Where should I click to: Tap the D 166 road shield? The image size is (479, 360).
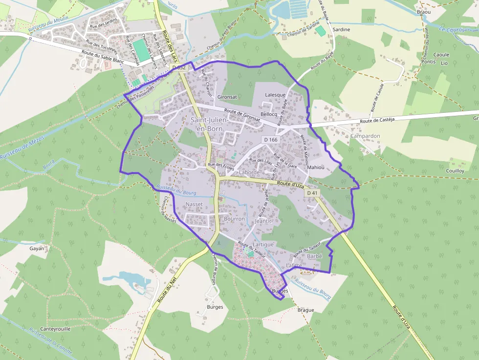click(270, 140)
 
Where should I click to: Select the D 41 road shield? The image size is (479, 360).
click(312, 193)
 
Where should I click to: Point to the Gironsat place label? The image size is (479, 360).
click(227, 97)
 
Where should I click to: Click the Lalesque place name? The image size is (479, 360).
click(275, 95)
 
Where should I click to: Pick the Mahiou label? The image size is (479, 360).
click(315, 168)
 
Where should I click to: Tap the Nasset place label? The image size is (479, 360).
click(194, 204)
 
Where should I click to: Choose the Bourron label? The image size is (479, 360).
click(234, 219)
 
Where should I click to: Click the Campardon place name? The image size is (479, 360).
click(365, 136)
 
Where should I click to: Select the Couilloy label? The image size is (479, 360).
click(455, 170)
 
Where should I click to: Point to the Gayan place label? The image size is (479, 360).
click(37, 248)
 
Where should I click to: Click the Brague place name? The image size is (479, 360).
click(305, 310)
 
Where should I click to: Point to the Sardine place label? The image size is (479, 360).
click(341, 30)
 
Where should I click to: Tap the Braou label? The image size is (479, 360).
click(424, 12)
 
